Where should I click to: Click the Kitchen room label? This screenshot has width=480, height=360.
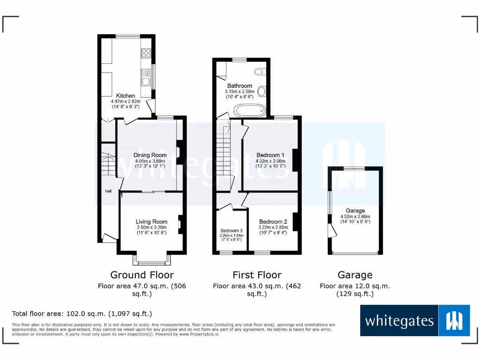pyautogui.click(x=126, y=96)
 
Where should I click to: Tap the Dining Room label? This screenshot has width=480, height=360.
pyautogui.click(x=150, y=155)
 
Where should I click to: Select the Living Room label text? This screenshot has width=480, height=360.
pyautogui.click(x=151, y=222)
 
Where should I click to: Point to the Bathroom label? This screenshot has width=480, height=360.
pyautogui.click(x=240, y=86)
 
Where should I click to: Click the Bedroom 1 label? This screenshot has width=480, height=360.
pyautogui.click(x=270, y=155)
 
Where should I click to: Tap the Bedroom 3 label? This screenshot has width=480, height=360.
pyautogui.click(x=232, y=231)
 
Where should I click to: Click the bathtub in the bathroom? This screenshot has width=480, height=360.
pyautogui.click(x=250, y=111)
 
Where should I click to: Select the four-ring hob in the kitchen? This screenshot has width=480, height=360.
pyautogui.click(x=146, y=53)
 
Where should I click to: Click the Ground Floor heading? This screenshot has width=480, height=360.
pyautogui.click(x=142, y=275)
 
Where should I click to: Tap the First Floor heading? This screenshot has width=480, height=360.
pyautogui.click(x=257, y=275)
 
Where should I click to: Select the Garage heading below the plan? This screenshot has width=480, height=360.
pyautogui.click(x=355, y=275)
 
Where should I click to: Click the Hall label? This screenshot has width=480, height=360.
pyautogui.click(x=108, y=191)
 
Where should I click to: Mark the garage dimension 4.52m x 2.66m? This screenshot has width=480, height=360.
pyautogui.click(x=355, y=217)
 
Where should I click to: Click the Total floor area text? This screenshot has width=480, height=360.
pyautogui.click(x=82, y=314)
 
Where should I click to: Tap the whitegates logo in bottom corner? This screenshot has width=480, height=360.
pyautogui.click(x=415, y=321)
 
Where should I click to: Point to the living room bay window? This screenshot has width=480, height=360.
pyautogui.click(x=151, y=260)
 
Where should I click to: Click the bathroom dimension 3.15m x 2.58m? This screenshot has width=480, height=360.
pyautogui.click(x=240, y=91)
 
